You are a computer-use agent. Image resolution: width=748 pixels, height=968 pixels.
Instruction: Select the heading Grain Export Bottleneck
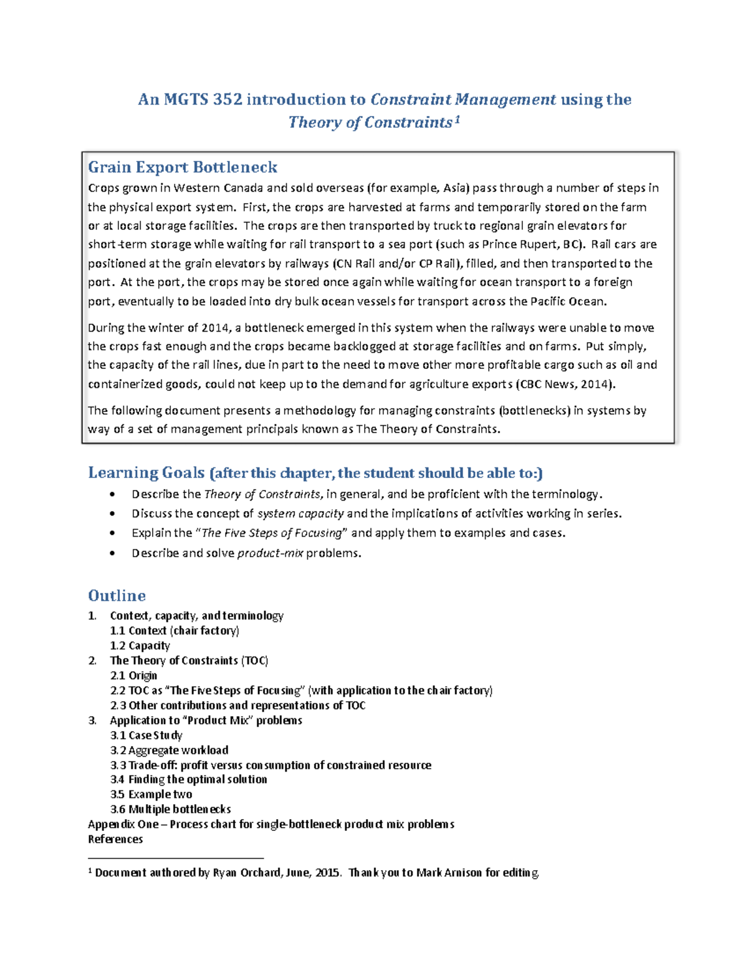coord(183,167)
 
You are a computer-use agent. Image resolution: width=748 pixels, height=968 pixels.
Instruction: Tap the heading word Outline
coord(117,595)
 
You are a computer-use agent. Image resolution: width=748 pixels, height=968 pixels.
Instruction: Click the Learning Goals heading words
coord(146,473)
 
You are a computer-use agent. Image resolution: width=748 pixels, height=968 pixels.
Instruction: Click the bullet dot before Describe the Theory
coord(112,495)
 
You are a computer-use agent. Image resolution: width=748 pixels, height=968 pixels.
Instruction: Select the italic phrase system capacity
coord(300,514)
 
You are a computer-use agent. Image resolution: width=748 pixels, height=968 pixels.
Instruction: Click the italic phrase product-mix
coord(270,553)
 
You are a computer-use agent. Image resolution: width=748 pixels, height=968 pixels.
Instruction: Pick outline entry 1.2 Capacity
coord(140,646)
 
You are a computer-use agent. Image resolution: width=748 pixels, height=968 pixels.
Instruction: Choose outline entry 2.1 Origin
coord(133,676)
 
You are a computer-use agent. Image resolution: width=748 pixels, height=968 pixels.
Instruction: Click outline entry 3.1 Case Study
coord(146,736)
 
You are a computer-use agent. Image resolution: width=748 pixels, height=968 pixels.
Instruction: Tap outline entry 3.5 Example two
coord(151,795)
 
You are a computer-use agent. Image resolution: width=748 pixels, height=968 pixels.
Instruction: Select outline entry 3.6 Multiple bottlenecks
coord(170,810)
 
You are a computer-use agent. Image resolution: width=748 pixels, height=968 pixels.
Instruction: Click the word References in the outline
coord(115,840)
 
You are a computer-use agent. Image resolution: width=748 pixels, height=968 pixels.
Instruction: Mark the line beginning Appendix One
coord(271,825)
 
